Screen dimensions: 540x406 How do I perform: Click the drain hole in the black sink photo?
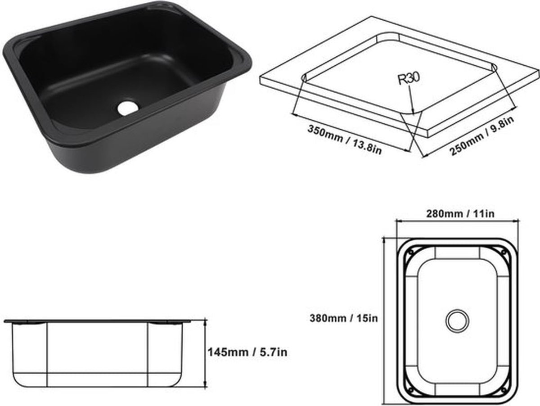click(127, 107)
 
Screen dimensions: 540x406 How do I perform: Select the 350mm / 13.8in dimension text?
click(344, 140)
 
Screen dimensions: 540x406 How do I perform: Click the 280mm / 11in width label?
click(460, 214)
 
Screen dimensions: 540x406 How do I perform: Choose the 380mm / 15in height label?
click(343, 318)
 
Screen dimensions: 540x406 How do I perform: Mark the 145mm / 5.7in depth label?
click(247, 352)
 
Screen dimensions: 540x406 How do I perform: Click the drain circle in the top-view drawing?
click(457, 320)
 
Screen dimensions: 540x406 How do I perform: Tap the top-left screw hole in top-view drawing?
click(410, 252)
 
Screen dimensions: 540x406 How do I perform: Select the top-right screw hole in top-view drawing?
click(504, 253)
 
